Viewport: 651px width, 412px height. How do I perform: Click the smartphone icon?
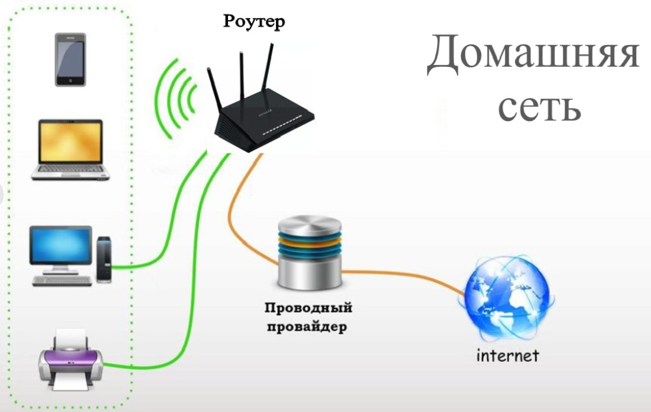(70, 59)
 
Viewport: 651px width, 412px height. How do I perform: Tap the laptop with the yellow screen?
(71, 149)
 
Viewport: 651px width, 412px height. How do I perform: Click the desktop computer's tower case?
(104, 259)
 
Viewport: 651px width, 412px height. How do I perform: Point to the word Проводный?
(308, 308)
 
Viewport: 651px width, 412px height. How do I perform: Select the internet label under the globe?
(508, 355)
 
